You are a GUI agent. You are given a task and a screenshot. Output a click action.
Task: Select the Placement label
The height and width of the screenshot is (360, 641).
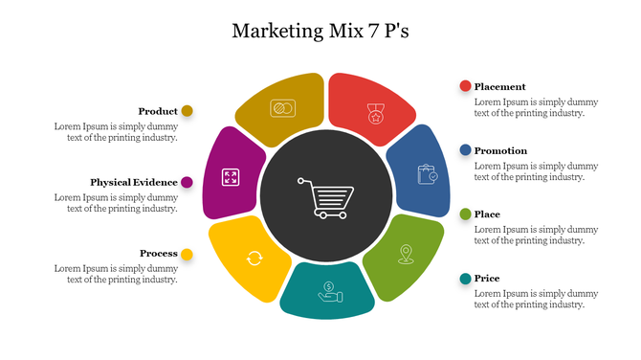(499, 86)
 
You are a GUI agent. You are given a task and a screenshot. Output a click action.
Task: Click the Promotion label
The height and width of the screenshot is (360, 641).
(500, 150)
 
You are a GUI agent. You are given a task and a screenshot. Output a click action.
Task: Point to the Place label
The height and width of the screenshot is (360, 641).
(487, 214)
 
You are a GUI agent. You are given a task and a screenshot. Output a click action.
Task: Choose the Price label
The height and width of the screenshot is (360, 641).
(487, 279)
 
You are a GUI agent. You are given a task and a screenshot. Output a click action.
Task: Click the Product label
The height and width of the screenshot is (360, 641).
(158, 111)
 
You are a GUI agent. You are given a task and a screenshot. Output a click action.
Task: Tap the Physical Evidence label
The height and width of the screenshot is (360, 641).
(134, 182)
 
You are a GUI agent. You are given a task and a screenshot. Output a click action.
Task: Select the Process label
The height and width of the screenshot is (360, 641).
(159, 254)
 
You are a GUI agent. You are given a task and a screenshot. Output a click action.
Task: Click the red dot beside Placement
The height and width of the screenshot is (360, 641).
(466, 86)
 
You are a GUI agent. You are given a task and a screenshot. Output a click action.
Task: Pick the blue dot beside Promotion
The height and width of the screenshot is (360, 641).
(466, 150)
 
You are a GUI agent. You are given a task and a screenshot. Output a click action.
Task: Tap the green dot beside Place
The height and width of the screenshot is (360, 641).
(466, 214)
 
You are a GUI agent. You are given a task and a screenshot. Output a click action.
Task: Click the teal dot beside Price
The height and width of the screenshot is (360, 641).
(466, 279)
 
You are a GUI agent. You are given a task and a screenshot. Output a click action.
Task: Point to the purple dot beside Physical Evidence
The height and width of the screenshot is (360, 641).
(187, 182)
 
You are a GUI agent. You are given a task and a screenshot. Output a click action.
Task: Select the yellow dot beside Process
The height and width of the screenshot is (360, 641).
(187, 254)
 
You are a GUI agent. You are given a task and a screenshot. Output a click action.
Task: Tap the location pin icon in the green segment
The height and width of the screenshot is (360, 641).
(407, 253)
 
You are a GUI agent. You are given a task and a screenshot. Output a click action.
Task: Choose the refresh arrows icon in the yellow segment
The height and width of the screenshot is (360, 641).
(254, 257)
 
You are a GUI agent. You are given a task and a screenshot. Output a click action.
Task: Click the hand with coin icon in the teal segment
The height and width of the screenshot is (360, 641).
(328, 290)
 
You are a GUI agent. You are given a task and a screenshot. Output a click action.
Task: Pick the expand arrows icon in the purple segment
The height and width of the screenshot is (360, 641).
(231, 176)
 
